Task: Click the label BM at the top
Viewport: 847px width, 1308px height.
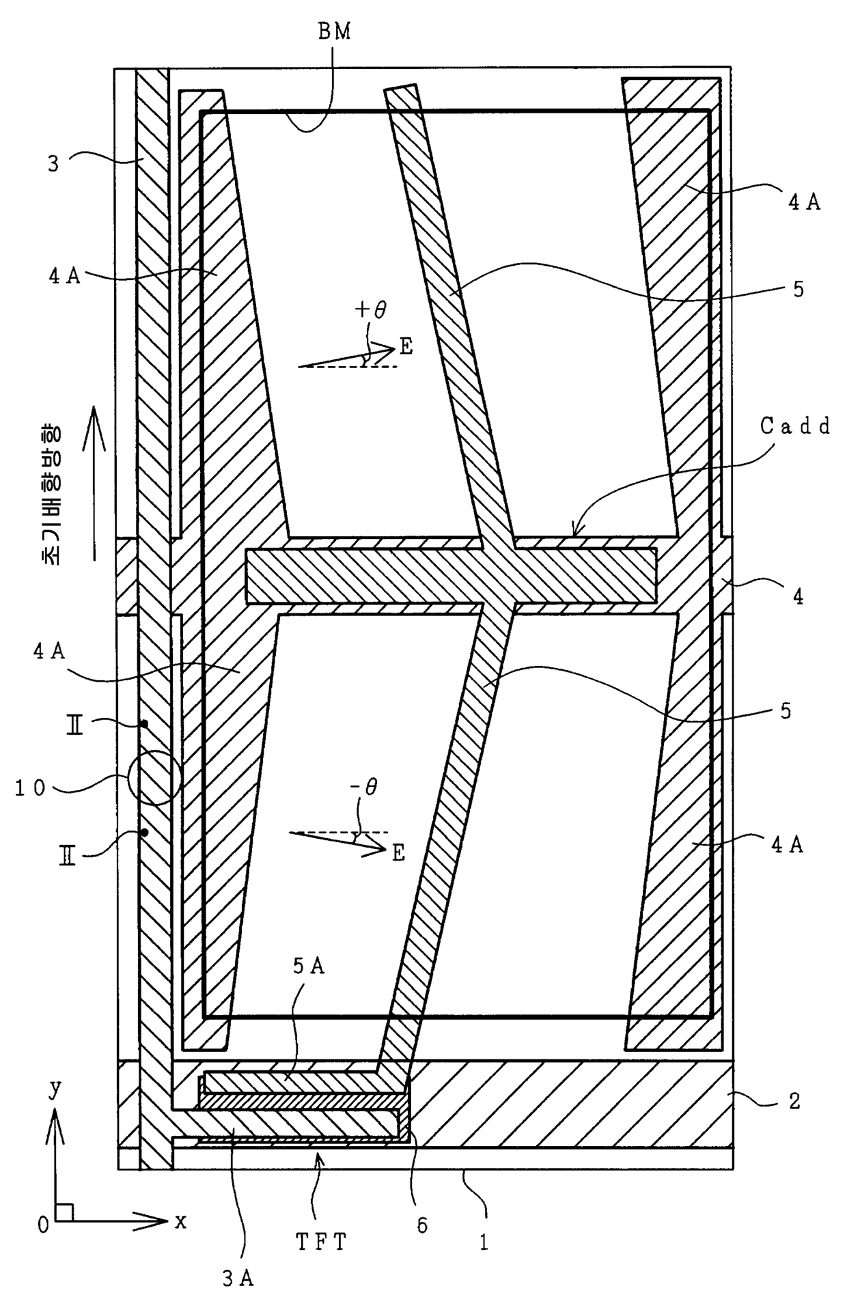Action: [335, 32]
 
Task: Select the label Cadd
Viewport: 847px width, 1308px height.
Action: [795, 427]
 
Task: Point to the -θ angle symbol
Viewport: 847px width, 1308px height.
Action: [363, 788]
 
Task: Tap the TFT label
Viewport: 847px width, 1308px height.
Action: [321, 1242]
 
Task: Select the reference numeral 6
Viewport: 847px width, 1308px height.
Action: [422, 1226]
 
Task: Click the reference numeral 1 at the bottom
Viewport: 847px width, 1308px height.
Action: [484, 1242]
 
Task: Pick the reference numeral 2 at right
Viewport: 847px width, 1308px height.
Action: [794, 1100]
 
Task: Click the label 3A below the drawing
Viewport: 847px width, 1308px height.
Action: [238, 1279]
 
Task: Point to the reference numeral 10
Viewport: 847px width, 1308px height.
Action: [31, 788]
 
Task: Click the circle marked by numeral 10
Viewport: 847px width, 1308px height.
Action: [154, 778]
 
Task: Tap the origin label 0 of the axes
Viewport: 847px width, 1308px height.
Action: [43, 1226]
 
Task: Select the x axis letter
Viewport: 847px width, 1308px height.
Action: [180, 1221]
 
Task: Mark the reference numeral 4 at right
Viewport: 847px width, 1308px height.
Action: [797, 596]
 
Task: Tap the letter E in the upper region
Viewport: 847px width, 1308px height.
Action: [406, 347]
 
